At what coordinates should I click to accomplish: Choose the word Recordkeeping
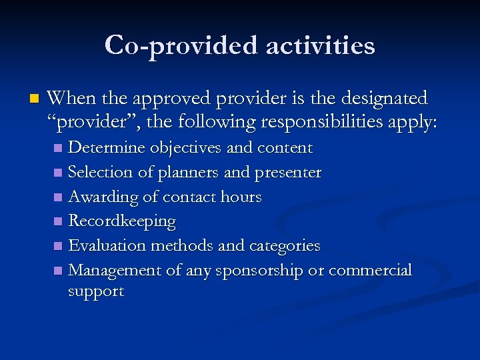pos(122,221)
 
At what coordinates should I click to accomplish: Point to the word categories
pos(285,246)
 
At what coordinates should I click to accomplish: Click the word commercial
pos(371,270)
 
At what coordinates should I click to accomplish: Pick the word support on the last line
pos(96,292)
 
